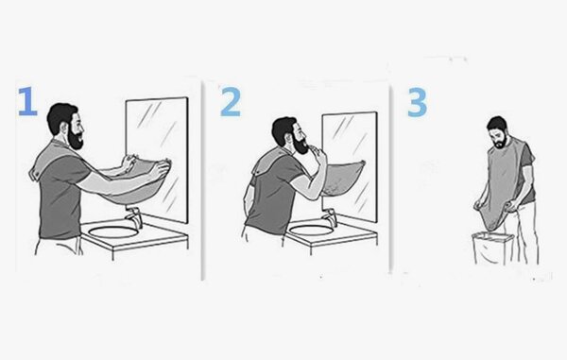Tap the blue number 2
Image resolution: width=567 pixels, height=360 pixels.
click(x=230, y=102)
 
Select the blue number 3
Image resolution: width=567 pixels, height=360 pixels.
click(x=416, y=102)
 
